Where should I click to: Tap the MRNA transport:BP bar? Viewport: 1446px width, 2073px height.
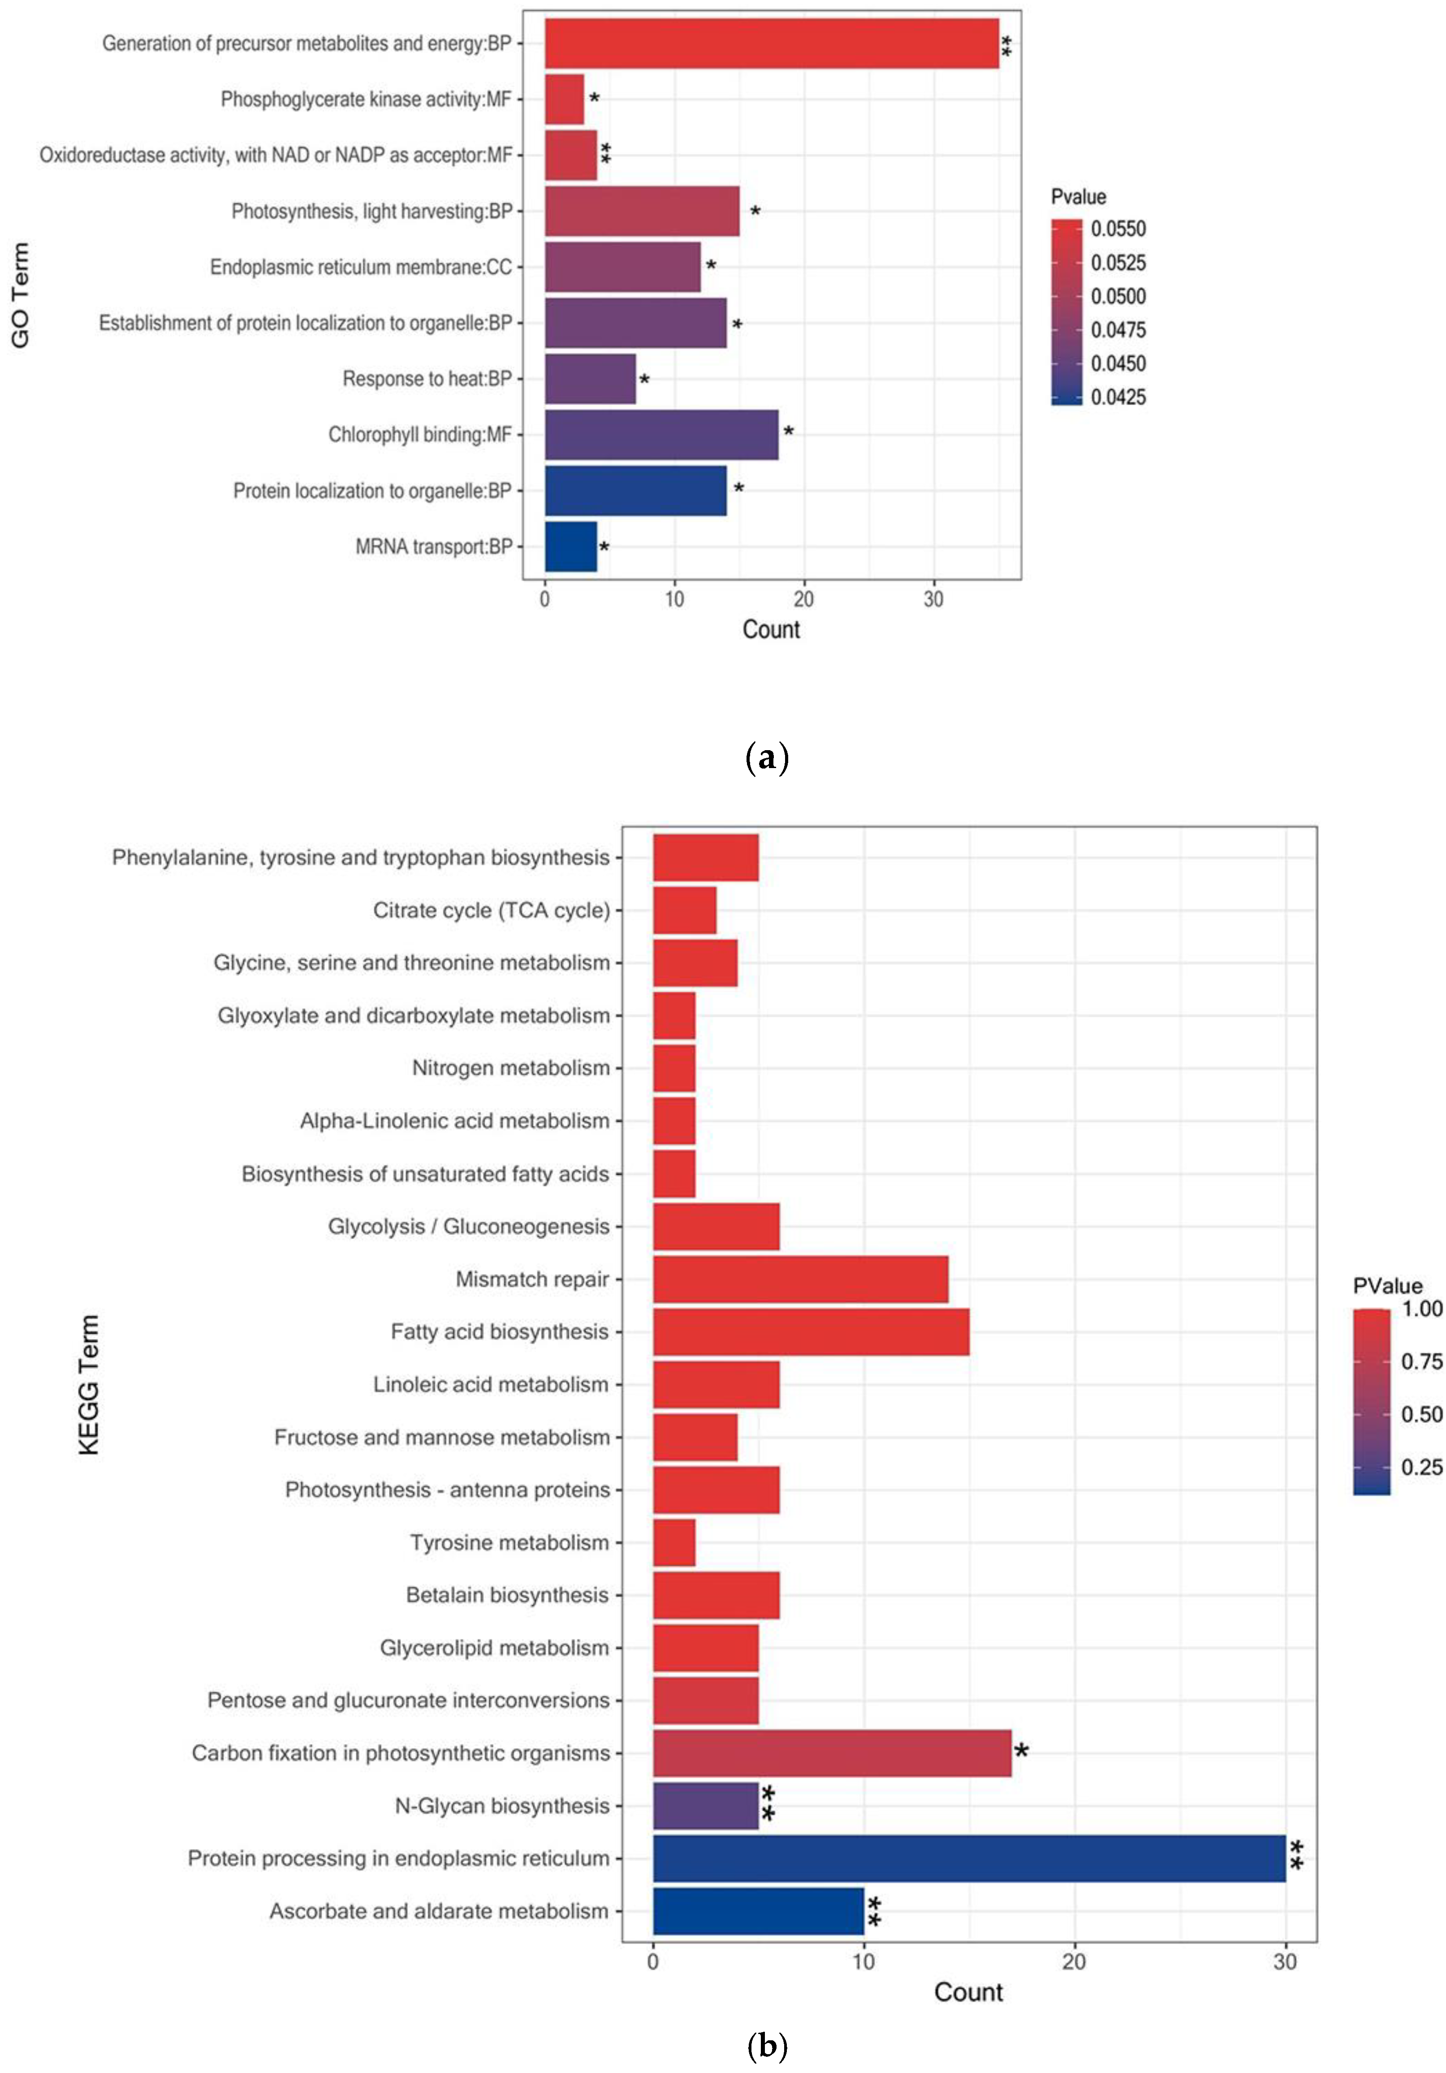pos(570,546)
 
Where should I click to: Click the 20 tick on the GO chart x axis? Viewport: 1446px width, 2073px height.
pos(803,599)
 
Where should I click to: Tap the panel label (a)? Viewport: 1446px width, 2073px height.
pos(768,756)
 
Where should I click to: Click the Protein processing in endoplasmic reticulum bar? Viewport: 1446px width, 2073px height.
pos(968,1858)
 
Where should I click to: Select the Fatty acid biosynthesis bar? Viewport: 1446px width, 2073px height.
pos(811,1332)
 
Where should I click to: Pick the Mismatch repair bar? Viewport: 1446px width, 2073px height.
pos(800,1279)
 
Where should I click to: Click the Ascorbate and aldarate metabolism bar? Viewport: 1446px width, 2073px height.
pos(758,1910)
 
